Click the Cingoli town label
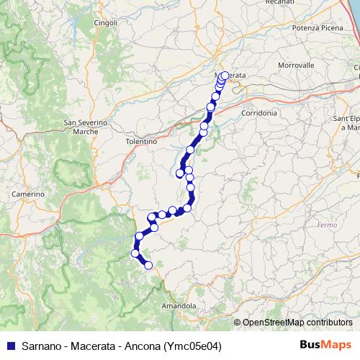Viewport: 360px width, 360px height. [x=105, y=23]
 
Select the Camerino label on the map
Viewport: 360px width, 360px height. [x=28, y=194]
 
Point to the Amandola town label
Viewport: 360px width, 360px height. [x=179, y=306]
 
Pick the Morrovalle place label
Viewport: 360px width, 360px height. [x=296, y=65]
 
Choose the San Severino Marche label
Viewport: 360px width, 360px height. [x=86, y=127]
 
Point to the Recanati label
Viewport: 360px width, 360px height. [x=280, y=3]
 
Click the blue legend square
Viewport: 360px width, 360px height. [x=10, y=346]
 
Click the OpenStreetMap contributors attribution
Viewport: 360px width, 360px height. [x=296, y=323]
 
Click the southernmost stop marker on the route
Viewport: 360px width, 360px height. [x=149, y=266]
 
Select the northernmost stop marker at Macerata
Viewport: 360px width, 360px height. [x=225, y=76]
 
